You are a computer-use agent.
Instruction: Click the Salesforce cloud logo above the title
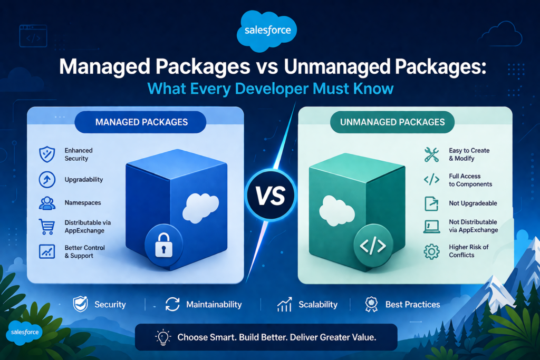point(268,31)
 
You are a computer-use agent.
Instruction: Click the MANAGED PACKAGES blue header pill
point(141,122)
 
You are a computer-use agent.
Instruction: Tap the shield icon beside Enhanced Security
point(47,154)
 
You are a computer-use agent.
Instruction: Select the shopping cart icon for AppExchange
point(47,227)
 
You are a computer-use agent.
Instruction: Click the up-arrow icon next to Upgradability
point(47,179)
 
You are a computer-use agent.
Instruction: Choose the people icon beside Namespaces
point(47,203)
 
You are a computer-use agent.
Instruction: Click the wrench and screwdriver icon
point(432,154)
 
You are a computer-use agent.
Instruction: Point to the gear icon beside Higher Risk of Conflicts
point(432,251)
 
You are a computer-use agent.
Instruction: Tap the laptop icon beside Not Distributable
point(432,226)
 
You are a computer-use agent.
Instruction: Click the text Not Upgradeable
point(472,203)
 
